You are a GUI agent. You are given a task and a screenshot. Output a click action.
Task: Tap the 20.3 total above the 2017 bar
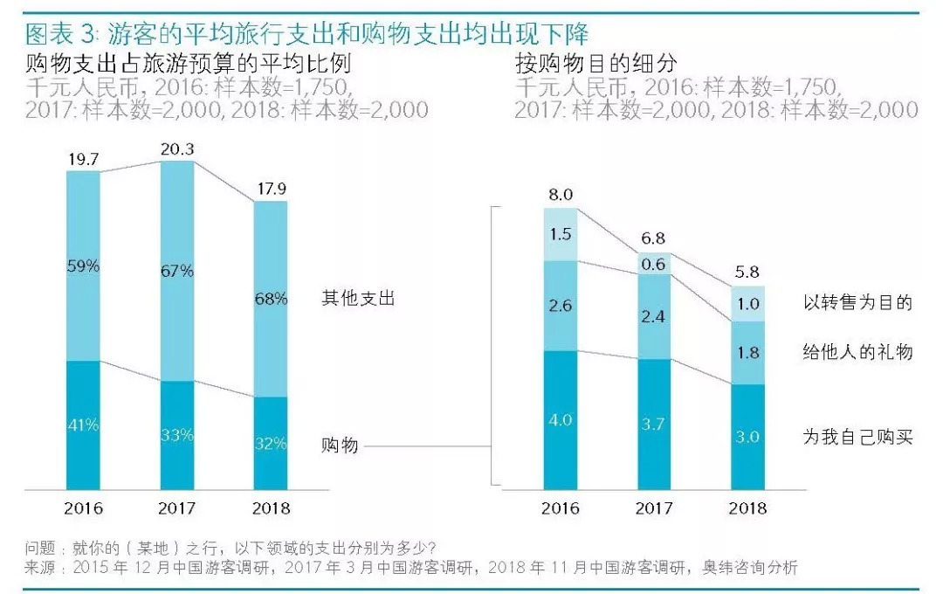click(177, 148)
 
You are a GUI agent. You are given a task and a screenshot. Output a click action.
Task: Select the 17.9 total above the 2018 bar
click(271, 190)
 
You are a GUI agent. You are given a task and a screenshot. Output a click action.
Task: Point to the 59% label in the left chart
click(84, 266)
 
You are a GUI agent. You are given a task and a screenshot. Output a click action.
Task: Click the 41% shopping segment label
click(84, 425)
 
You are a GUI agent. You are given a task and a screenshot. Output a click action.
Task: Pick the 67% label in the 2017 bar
click(177, 271)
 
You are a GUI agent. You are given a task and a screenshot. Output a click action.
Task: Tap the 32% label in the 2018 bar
click(271, 444)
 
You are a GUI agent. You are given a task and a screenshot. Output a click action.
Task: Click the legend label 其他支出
click(358, 299)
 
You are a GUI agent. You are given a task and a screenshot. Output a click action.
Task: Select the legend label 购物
click(340, 446)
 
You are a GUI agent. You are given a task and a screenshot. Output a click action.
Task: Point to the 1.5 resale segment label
click(560, 234)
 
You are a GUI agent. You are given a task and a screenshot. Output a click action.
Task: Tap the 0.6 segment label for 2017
click(653, 264)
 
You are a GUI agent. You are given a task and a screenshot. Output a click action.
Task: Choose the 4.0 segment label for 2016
click(560, 420)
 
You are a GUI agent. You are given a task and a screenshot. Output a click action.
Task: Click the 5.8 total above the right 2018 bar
click(747, 273)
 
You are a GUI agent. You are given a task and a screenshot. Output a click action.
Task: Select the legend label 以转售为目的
click(857, 303)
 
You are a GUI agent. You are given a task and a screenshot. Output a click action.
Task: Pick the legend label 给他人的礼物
click(857, 352)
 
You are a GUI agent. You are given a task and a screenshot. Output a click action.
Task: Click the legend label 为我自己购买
click(857, 437)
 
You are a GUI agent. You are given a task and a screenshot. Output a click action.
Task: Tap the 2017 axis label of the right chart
click(653, 508)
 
